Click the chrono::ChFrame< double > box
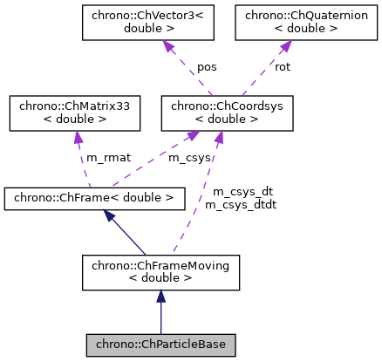pos(94,198)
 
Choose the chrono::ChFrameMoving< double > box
pos(160,273)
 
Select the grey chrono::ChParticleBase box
pos(160,345)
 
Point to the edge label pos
pos(207,66)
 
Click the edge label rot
pos(283,66)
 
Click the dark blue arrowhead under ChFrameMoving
pos(160,297)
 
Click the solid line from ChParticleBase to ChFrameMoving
pos(160,318)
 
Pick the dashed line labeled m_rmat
pos(78,161)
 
